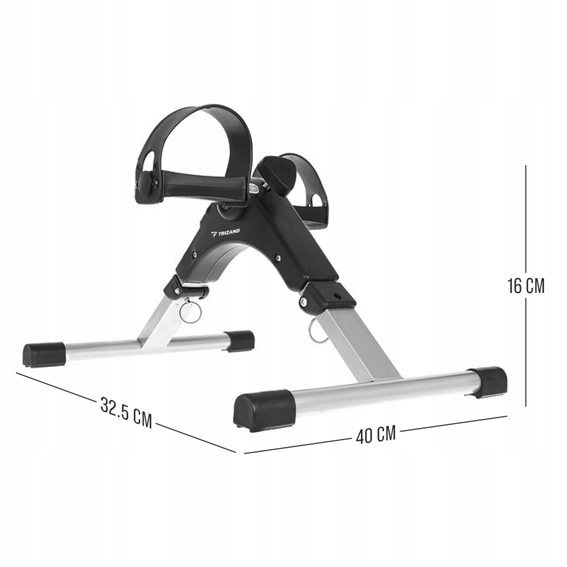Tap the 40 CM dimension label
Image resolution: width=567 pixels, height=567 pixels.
pyautogui.click(x=376, y=435)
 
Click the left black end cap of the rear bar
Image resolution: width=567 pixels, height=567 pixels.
pyautogui.click(x=45, y=353)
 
